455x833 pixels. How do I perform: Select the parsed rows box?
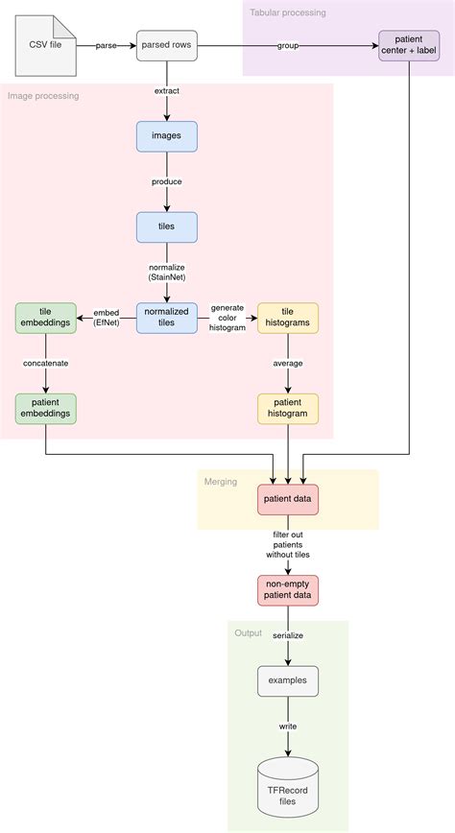167,45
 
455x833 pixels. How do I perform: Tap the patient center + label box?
409,46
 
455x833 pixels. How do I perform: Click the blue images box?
167,136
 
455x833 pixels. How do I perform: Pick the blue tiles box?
167,226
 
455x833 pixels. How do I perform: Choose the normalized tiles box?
167,318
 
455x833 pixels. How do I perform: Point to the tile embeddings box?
45,318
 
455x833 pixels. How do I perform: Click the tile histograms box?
288,318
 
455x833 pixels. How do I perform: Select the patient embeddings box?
45,408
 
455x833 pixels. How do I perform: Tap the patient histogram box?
288,408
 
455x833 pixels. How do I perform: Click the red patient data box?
288,500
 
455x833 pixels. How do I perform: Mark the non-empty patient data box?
288,590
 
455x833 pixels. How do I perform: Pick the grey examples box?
288,681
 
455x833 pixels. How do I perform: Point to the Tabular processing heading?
288,12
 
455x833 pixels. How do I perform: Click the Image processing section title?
43,95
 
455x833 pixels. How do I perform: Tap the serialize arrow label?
288,635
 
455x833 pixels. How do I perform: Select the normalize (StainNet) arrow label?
167,272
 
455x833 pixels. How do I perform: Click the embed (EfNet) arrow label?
107,318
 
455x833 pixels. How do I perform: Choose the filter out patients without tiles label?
288,544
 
